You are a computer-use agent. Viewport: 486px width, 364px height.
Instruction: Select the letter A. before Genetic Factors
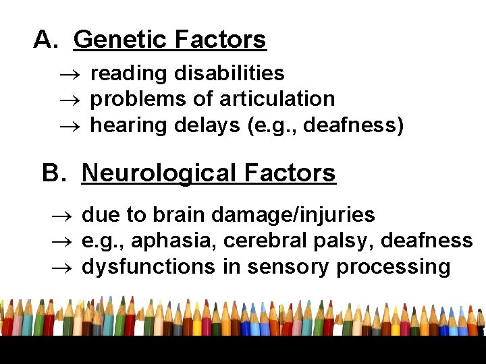pyautogui.click(x=47, y=40)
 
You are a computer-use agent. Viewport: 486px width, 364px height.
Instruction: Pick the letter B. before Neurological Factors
pyautogui.click(x=55, y=173)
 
